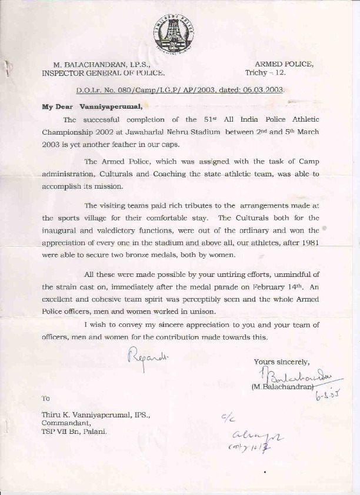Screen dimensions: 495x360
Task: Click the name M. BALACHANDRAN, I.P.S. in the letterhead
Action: coord(102,65)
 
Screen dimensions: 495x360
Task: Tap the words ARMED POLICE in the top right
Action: coord(284,65)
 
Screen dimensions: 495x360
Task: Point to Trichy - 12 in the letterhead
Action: coord(264,73)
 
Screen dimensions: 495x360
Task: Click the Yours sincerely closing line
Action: coord(282,362)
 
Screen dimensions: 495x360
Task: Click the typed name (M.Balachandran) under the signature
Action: coord(281,386)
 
